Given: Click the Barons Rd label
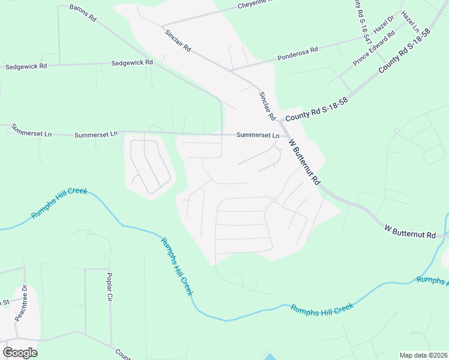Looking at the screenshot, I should point(83,13).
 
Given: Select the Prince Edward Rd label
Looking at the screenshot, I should point(373,47).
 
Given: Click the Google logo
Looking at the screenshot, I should point(20,353).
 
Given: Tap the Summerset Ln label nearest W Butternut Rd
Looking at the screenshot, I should point(258,135).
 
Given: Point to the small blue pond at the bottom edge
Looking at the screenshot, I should point(270,356).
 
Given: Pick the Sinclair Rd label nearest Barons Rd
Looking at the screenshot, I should point(178,39).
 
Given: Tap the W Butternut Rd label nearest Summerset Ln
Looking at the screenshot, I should point(304,162).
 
